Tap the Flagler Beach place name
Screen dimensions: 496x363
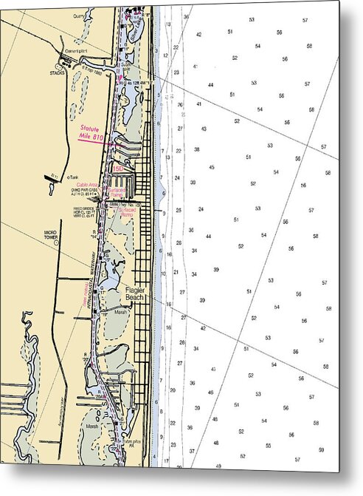[136, 294]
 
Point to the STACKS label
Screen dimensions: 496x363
[58, 73]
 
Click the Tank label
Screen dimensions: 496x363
[72, 177]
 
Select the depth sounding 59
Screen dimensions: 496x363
[321, 449]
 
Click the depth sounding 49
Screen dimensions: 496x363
[219, 466]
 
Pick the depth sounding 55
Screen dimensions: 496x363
[269, 445]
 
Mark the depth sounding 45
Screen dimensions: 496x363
[212, 167]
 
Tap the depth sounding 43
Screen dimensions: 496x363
[204, 129]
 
